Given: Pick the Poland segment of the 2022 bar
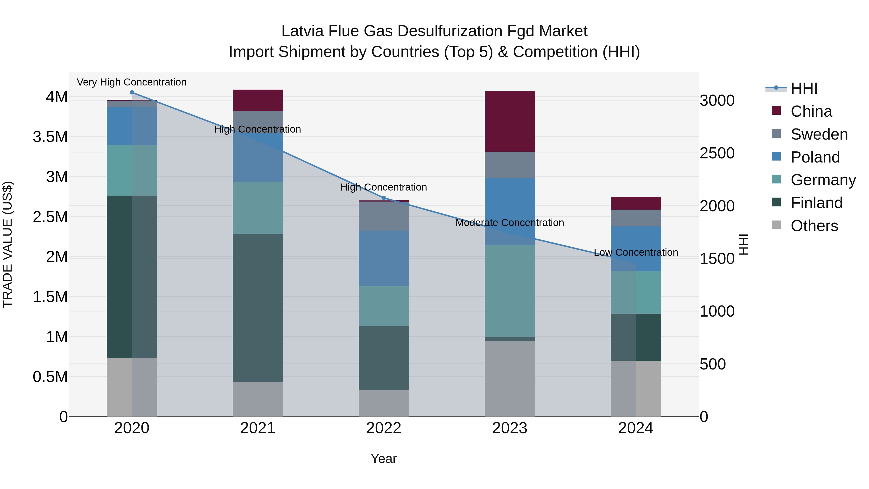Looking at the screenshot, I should coord(384,258).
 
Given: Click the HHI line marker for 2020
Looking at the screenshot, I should coord(132,92).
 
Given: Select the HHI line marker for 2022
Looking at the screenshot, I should coord(384,198).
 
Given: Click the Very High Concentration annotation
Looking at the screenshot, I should coord(132,82).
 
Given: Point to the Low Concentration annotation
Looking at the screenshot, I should coord(636,252).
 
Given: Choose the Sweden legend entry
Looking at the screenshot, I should coord(819,134).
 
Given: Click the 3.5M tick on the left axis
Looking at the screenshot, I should coord(50,137).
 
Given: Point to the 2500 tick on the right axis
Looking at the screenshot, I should coord(717,153).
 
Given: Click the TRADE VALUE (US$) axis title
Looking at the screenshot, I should coord(7,244).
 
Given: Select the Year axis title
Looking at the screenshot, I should coord(384,459).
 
